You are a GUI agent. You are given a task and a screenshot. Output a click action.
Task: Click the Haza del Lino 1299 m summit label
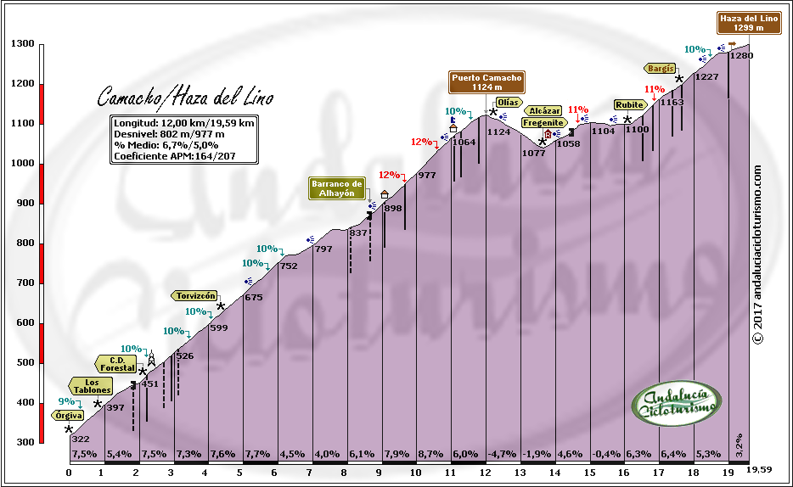click(748, 23)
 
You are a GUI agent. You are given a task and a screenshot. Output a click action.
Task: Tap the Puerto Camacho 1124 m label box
click(486, 82)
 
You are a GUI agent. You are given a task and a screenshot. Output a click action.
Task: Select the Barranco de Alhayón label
click(337, 188)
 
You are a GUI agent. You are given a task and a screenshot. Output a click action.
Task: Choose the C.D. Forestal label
click(116, 364)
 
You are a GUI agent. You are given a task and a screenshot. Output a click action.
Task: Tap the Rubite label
click(630, 105)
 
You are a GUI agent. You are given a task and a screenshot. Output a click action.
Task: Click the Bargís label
click(661, 68)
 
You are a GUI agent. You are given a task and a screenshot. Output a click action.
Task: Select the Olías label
click(508, 102)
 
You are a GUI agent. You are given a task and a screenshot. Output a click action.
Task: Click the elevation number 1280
click(741, 55)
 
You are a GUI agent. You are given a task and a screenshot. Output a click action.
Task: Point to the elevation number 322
click(80, 439)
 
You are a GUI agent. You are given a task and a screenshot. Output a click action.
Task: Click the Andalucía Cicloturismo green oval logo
click(678, 403)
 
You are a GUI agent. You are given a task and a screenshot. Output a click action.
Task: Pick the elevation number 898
click(393, 208)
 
